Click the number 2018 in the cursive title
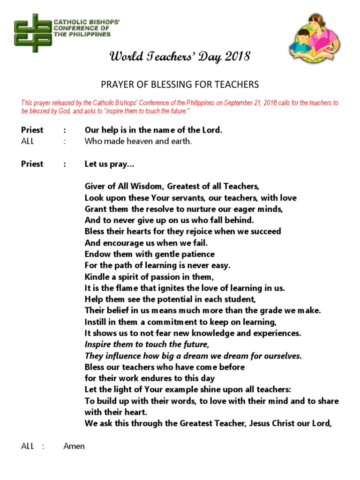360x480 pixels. click(238, 57)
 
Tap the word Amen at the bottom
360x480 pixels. click(74, 446)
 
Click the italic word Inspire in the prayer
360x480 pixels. click(98, 345)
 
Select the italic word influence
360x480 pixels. click(123, 356)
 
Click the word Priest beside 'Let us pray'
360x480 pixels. click(32, 164)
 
